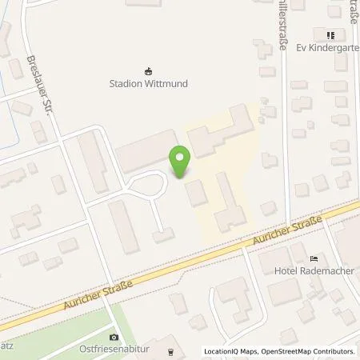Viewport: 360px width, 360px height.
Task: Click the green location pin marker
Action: point(180,162)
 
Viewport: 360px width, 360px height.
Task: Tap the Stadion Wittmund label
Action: point(146,82)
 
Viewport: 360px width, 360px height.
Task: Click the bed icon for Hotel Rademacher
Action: point(314,258)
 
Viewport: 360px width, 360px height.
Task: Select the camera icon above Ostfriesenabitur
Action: point(114,337)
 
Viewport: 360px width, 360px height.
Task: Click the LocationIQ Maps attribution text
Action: point(233,351)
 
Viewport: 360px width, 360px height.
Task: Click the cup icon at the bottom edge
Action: point(170,352)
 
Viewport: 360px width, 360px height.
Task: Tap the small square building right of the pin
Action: point(195,192)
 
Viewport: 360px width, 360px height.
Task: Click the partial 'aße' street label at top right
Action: point(352,10)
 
